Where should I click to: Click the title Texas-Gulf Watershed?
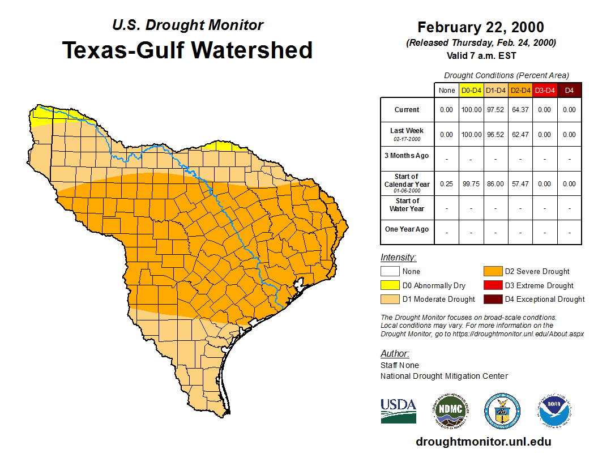187,50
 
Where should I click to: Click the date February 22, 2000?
481,27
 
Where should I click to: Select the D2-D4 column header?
520,90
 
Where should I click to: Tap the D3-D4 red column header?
545,90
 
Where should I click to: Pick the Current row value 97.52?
496,110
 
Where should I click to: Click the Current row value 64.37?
520,110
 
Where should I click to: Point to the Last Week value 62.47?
520,135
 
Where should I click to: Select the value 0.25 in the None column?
446,184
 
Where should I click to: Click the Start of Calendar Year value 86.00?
496,184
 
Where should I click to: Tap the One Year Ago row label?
407,229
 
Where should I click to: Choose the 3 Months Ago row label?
407,156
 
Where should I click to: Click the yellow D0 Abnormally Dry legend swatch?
390,285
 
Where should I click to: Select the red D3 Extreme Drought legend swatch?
492,285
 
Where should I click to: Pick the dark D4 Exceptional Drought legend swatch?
492,299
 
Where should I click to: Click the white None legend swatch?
390,272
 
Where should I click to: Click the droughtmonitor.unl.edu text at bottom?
483,442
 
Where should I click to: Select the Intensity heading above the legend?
398,257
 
